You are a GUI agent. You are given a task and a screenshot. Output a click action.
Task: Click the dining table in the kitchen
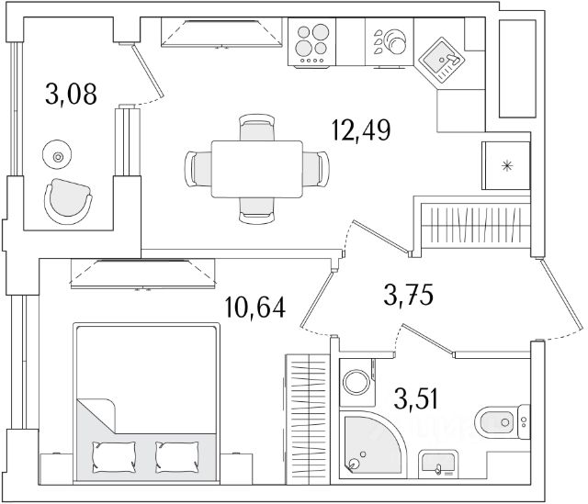pos(257,168)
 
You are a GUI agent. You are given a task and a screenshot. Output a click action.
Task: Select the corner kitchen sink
pos(443,59)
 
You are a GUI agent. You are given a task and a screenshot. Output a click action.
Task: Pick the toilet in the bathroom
pos(500,422)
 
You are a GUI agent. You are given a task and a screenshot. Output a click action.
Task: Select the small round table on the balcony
pos(59,157)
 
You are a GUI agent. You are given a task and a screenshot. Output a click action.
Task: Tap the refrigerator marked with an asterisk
pos(505,165)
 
